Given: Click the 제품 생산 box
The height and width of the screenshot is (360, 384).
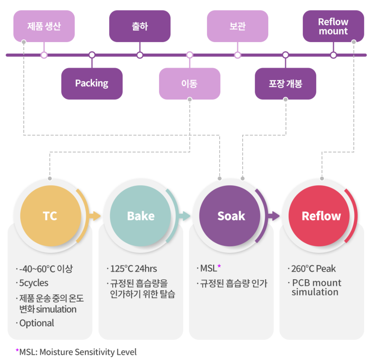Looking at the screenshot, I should pyautogui.click(x=44, y=26).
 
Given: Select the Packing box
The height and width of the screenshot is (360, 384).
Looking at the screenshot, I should pyautogui.click(x=92, y=83).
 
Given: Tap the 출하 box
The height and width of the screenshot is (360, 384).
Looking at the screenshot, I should pyautogui.click(x=139, y=26).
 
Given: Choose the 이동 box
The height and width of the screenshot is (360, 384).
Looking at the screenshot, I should pyautogui.click(x=190, y=83).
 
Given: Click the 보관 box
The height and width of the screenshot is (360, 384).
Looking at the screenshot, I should pyautogui.click(x=237, y=26).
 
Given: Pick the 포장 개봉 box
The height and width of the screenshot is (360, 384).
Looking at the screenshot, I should pyautogui.click(x=285, y=83).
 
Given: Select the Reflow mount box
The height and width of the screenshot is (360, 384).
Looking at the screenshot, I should pyautogui.click(x=333, y=26).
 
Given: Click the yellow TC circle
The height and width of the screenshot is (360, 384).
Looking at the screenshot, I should pyautogui.click(x=51, y=216).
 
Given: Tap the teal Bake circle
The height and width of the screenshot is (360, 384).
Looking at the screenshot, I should pyautogui.click(x=140, y=216).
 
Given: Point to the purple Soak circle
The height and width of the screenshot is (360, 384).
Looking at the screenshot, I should pyautogui.click(x=231, y=216).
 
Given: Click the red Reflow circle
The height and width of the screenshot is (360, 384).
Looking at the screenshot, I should pyautogui.click(x=321, y=216).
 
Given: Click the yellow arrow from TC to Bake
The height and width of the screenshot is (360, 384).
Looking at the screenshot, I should pyautogui.click(x=95, y=216).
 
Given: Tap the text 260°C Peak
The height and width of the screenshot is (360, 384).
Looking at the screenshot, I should pyautogui.click(x=313, y=269).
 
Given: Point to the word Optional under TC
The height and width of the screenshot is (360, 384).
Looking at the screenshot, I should pyautogui.click(x=37, y=323).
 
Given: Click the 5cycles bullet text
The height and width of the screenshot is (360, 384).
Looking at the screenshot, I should pyautogui.click(x=34, y=283).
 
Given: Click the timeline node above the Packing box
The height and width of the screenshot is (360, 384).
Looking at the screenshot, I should pyautogui.click(x=92, y=55).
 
